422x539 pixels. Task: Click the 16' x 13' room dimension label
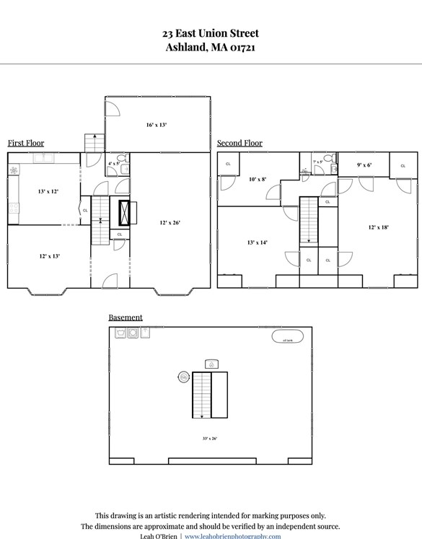[157, 125]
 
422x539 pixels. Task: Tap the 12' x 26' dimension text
[170, 222]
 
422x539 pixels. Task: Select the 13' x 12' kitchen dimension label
[48, 191]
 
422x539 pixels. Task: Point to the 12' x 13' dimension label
[49, 256]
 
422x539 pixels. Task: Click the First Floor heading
[26, 143]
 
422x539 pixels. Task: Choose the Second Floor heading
[239, 143]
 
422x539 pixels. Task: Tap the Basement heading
[126, 317]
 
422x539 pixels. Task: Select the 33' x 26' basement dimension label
[210, 438]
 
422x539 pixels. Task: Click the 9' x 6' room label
[364, 165]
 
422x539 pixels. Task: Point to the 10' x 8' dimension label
[258, 179]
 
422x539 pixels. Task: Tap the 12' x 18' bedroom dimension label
[379, 227]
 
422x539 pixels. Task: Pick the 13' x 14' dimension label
[258, 242]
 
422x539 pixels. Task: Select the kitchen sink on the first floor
[43, 157]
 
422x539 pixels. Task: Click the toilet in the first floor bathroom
[125, 168]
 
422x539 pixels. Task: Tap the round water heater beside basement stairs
[184, 377]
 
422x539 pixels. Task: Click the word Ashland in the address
[186, 48]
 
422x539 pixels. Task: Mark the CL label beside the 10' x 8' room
[229, 164]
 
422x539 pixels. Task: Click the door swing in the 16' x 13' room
[113, 107]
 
